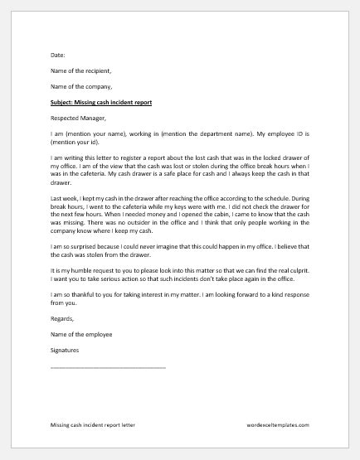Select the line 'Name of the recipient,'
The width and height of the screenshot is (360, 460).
pos(80,72)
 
